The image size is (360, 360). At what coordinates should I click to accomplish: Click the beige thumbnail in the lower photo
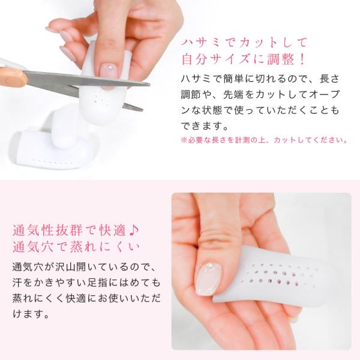(208, 279)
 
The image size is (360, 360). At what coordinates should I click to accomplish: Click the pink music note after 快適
(134, 230)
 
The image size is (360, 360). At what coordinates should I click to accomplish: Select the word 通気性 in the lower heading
(34, 230)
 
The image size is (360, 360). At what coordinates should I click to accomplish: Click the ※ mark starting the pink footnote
(184, 140)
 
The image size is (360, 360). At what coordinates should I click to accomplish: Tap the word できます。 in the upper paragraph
(205, 126)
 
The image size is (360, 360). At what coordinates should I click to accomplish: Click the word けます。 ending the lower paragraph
(31, 314)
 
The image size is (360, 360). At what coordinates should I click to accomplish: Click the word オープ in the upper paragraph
(324, 94)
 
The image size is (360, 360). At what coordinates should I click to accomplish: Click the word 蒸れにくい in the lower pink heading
(104, 247)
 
